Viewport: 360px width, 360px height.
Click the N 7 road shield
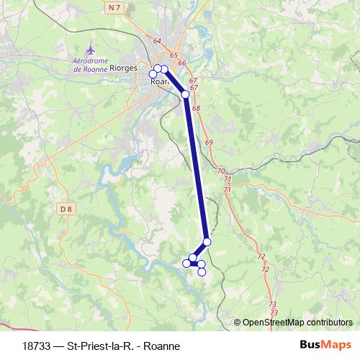click(113, 7)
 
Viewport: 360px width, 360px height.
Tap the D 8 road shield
click(67, 209)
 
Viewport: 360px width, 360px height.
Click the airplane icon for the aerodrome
click(90, 50)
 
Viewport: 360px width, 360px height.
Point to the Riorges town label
click(127, 68)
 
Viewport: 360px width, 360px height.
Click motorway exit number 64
click(158, 40)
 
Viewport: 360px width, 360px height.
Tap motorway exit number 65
click(174, 55)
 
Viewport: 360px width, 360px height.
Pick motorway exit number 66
click(182, 63)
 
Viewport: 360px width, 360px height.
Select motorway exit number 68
click(197, 108)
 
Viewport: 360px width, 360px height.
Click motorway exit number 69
click(209, 143)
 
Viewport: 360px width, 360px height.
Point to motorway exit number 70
click(220, 171)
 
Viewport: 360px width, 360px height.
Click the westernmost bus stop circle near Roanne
click(153, 74)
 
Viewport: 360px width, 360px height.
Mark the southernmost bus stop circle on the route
click(202, 271)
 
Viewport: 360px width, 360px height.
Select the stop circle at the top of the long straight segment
click(186, 94)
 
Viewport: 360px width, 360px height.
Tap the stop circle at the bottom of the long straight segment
click(207, 242)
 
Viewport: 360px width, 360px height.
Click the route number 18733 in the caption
click(36, 346)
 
